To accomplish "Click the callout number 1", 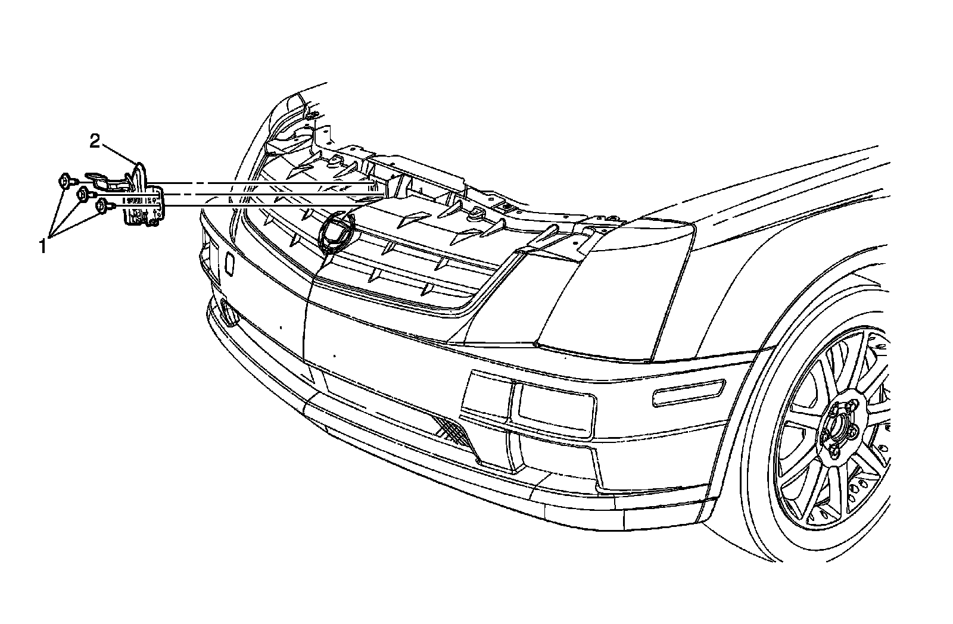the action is tap(42, 245).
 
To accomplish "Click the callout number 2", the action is tap(95, 141).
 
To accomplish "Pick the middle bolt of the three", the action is tap(84, 193).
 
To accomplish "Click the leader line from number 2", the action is tap(119, 152).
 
